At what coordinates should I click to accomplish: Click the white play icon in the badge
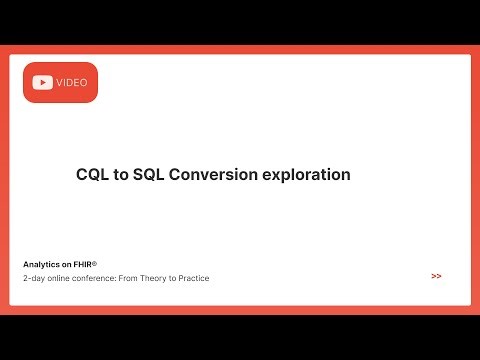pos(43,83)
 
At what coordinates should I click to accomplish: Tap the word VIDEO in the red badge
pos(72,83)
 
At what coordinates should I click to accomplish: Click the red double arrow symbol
pos(437,275)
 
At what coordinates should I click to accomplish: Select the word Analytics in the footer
pos(41,264)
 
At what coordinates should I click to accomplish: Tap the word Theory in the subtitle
pos(151,277)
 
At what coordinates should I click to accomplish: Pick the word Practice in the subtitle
pos(192,277)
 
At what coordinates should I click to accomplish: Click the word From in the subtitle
pos(128,277)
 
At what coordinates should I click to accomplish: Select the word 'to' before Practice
pos(170,277)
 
